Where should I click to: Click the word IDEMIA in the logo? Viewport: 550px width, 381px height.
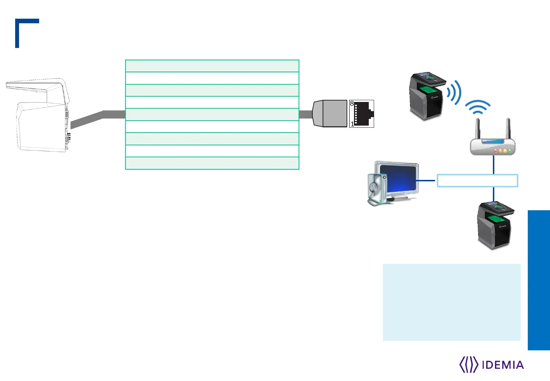pyautogui.click(x=502, y=365)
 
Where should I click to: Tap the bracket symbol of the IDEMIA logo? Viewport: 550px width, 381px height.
pyautogui.click(x=469, y=365)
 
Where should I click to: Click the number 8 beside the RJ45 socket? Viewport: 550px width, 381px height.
pyautogui.click(x=352, y=104)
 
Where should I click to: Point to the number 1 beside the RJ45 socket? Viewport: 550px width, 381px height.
pyautogui.click(x=352, y=124)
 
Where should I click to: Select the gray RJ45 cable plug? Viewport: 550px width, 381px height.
pyautogui.click(x=330, y=114)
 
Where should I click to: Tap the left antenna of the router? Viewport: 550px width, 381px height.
pyautogui.click(x=479, y=129)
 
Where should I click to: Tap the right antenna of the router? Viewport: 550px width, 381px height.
pyautogui.click(x=508, y=129)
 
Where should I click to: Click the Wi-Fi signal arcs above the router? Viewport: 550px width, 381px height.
pyautogui.click(x=478, y=107)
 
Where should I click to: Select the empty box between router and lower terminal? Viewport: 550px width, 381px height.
pyautogui.click(x=477, y=180)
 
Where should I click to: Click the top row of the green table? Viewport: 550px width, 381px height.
pyautogui.click(x=212, y=66)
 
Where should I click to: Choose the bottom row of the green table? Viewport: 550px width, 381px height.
pyautogui.click(x=212, y=163)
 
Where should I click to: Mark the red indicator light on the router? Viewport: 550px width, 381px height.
pyautogui.click(x=495, y=151)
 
